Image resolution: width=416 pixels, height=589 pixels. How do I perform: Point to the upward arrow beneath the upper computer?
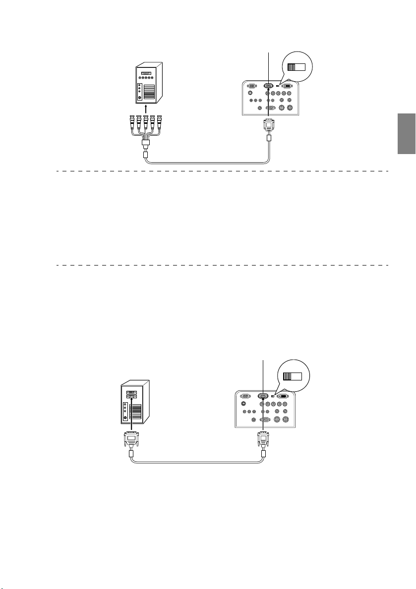click(x=145, y=108)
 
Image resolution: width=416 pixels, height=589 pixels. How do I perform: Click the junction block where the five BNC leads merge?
click(x=146, y=144)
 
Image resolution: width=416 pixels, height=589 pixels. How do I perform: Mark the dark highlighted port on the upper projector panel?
click(x=269, y=85)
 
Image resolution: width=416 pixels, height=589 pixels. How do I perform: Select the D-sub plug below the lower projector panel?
click(x=262, y=439)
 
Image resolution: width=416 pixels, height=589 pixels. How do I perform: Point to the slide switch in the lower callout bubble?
click(x=292, y=376)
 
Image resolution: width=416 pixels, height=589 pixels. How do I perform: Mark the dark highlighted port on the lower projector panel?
click(x=263, y=396)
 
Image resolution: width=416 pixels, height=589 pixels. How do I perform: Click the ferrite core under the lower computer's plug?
click(x=131, y=454)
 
